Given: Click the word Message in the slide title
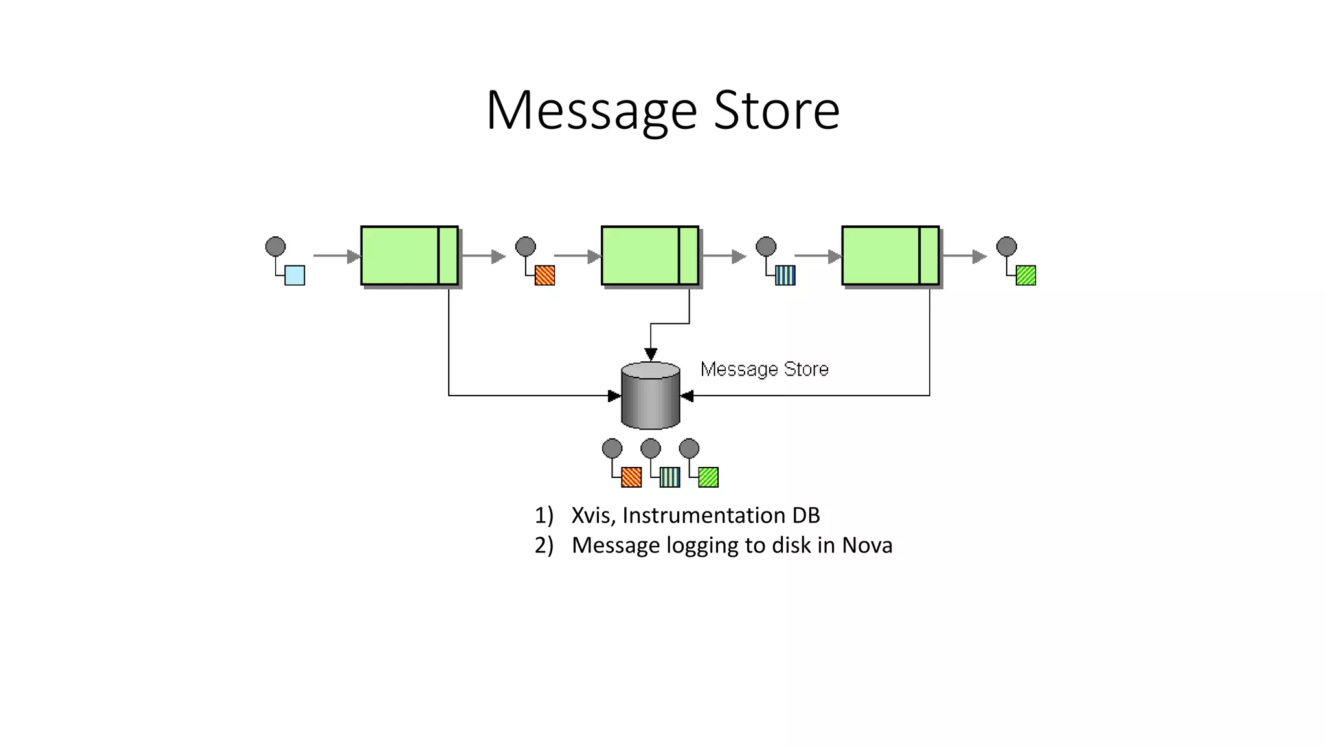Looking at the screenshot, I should pos(591,111).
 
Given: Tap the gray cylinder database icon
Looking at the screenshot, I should pos(650,396).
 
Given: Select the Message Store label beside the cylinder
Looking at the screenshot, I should pos(764,369).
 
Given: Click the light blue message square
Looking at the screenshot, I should pos(295,275).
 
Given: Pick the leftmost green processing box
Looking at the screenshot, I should pos(409,256).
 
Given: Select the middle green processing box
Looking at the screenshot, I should pos(649,256).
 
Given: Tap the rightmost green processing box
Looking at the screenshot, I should pos(890,256).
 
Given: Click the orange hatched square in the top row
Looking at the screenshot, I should pos(545,275).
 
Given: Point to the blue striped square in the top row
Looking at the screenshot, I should pos(785,275).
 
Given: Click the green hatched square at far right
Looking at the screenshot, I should pos(1026,275).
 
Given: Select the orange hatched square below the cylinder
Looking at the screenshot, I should pos(631,477).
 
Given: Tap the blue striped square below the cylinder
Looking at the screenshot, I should pos(669,477).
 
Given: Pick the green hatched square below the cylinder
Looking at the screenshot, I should pos(708,477).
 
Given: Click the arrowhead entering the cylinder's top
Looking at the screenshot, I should pos(651,354).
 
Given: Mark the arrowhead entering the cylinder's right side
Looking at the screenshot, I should pos(687,396).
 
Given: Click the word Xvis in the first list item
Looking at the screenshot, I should pos(592,515).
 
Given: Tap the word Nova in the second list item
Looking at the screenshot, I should pos(867,545).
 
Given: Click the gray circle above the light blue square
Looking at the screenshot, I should pos(275,247).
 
